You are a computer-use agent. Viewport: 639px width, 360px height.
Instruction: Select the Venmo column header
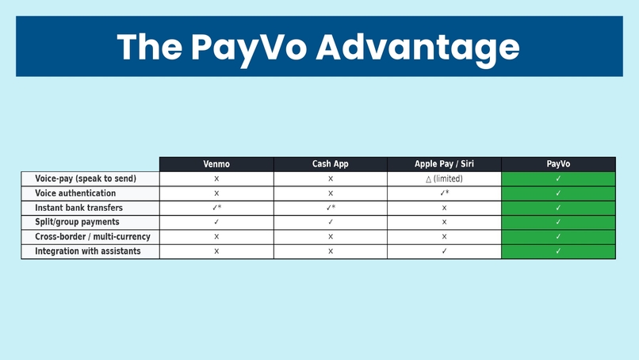pos(216,164)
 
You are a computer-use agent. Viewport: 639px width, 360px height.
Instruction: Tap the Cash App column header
pos(331,164)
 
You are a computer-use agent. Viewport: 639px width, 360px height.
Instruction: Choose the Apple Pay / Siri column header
pos(444,164)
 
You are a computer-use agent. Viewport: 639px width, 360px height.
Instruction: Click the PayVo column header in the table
pos(558,164)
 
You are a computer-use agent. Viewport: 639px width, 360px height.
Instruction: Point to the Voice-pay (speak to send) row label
pos(86,179)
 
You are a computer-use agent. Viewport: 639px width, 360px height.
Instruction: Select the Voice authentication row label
pos(75,193)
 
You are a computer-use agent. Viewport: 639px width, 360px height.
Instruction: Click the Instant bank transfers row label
pos(78,208)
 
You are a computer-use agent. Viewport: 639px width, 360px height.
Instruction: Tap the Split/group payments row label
pos(77,222)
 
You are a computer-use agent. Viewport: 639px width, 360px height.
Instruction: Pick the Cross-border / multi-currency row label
pos(92,236)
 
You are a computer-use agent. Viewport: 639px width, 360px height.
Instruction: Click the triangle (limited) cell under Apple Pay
pos(444,179)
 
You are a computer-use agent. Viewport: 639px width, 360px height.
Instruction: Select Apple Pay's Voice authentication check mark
pos(445,193)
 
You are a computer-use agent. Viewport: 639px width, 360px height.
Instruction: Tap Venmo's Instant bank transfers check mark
pos(216,208)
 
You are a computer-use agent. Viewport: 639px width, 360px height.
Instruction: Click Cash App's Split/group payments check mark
pos(331,222)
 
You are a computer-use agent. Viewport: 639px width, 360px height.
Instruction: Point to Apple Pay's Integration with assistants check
pos(444,251)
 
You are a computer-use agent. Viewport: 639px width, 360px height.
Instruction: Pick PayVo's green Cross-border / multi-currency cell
pos(558,236)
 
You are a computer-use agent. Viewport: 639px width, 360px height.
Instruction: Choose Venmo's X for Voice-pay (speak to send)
pos(216,179)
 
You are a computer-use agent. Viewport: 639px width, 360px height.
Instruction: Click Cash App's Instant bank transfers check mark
pos(331,208)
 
